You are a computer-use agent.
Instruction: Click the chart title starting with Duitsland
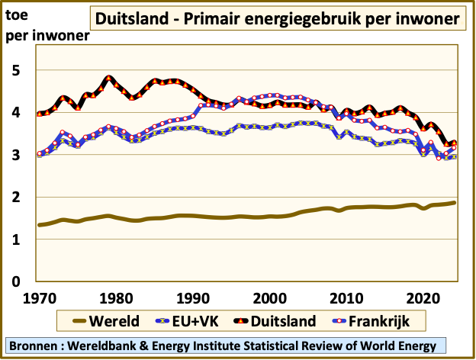(279, 18)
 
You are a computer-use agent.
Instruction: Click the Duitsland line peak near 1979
(109, 78)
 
